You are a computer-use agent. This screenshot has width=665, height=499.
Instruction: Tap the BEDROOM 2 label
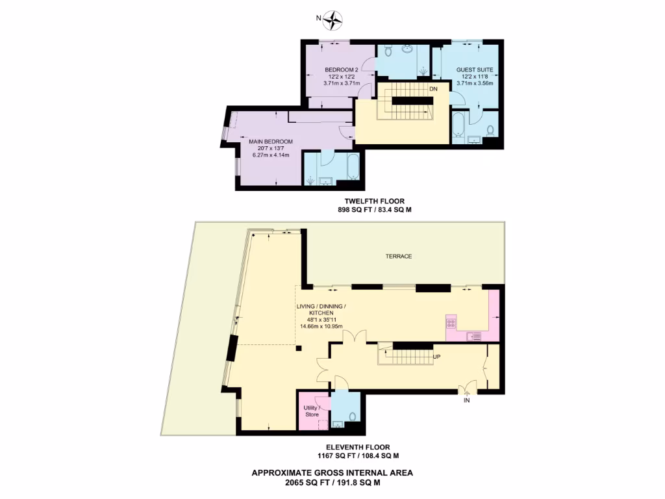tap(341, 70)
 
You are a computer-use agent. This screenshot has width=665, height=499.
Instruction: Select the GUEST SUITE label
tap(475, 70)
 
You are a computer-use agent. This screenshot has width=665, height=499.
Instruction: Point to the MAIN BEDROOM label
tap(271, 141)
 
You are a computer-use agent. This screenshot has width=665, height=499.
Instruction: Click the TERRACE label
tap(399, 257)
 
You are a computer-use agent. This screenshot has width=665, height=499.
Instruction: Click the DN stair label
tap(433, 89)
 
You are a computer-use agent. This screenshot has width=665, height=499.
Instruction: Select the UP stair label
tap(437, 357)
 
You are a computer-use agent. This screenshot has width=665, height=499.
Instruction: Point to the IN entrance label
tap(466, 401)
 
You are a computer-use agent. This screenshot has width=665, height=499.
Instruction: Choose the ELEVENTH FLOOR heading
tap(358, 447)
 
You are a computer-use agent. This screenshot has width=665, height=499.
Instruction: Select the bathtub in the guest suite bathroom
tap(458, 124)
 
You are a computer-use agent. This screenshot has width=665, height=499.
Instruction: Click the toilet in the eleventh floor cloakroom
tap(353, 416)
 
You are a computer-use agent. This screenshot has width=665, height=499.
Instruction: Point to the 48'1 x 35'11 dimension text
tap(318, 319)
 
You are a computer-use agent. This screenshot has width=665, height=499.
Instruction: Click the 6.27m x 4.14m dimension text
tap(271, 155)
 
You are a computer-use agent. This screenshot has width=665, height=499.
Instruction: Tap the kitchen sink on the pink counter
tap(474, 335)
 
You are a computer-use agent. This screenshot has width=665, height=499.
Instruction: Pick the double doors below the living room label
tap(352, 338)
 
